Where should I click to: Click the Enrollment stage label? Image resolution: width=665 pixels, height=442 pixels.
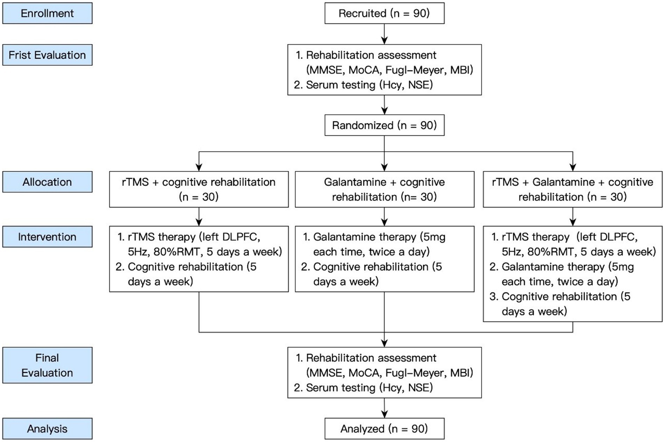point(47,13)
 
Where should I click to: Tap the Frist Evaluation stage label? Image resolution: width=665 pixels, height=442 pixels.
point(47,55)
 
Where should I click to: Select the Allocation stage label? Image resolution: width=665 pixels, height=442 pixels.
point(47,182)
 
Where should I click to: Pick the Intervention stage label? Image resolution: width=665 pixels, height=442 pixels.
point(47,237)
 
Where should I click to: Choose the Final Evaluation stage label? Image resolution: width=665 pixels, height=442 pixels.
point(47,365)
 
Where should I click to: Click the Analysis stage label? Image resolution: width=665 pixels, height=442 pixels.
point(47,429)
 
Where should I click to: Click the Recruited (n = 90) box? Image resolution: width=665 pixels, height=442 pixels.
point(384,13)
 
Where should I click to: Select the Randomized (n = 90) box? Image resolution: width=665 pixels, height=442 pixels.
point(384,125)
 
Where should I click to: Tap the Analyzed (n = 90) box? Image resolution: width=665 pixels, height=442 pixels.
point(384,429)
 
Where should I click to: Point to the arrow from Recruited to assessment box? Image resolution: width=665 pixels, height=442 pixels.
point(384,34)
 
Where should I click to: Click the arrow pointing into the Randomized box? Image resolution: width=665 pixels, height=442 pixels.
point(384,105)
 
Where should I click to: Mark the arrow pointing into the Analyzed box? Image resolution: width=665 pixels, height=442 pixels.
point(384,408)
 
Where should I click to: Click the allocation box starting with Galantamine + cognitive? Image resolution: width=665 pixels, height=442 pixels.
point(385,189)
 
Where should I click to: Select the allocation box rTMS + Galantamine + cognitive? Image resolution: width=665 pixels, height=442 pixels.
point(573,189)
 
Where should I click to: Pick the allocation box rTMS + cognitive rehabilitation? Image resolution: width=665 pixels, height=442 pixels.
point(199,189)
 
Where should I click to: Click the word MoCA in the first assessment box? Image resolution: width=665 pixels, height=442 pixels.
point(364,70)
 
